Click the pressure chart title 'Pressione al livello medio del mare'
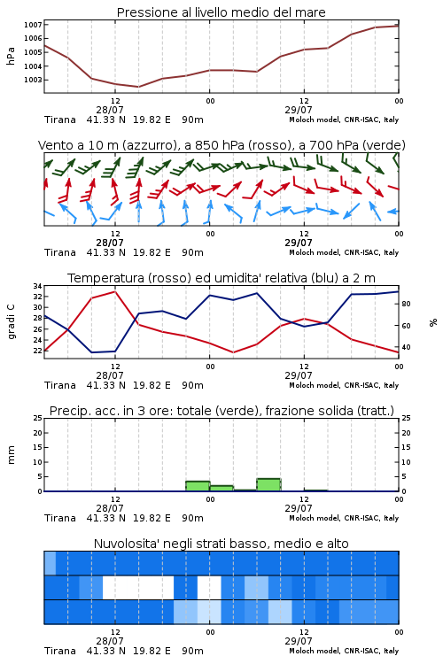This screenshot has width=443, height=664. [221, 12]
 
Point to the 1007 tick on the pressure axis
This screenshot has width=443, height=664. [33, 25]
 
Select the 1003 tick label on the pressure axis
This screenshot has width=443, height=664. [33, 80]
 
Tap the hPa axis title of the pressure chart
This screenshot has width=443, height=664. [11, 56]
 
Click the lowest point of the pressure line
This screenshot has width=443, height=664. [138, 87]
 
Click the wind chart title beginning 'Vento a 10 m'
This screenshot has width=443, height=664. [221, 145]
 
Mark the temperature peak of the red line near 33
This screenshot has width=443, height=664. [115, 291]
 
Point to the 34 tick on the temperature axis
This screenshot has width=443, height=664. [38, 286]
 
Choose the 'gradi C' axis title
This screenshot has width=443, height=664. [11, 322]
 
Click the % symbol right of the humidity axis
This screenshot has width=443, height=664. [433, 322]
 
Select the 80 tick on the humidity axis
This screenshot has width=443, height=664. [406, 304]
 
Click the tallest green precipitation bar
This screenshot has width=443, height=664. [268, 485]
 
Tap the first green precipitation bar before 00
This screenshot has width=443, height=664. [198, 486]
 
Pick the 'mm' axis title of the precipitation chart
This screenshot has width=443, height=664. [11, 455]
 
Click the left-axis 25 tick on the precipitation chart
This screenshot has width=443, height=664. [38, 418]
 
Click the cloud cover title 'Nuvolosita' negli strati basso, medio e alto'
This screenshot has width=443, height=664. [221, 544]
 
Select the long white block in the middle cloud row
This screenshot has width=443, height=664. [138, 587]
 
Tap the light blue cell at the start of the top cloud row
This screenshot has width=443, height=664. [50, 563]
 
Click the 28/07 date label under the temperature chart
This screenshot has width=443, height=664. [110, 375]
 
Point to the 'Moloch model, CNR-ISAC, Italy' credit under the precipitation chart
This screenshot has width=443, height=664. [344, 518]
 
